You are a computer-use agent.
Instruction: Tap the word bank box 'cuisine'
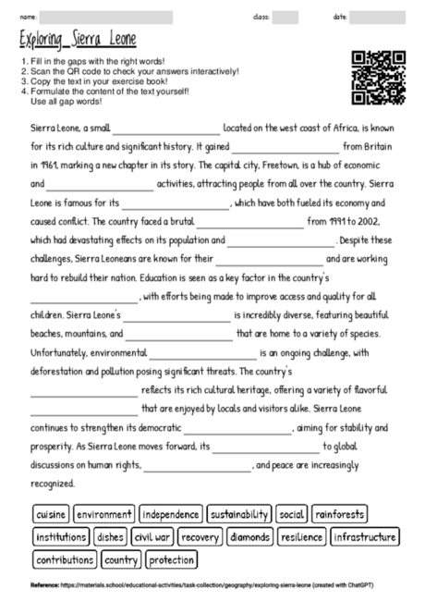pyautogui.click(x=51, y=513)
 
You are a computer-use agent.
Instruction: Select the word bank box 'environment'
pyautogui.click(x=104, y=513)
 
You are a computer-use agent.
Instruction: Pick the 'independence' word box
pyautogui.click(x=170, y=513)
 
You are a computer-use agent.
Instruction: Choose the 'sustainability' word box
pyautogui.click(x=239, y=513)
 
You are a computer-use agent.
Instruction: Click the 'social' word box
pyautogui.click(x=291, y=513)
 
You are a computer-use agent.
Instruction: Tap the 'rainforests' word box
pyautogui.click(x=339, y=513)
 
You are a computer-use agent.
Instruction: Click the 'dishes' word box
pyautogui.click(x=110, y=536)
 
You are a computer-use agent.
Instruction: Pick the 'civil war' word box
pyautogui.click(x=152, y=536)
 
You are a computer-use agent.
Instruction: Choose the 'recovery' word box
pyautogui.click(x=200, y=536)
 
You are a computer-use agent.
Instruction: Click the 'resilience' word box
pyautogui.click(x=301, y=536)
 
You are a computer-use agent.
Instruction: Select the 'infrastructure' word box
pyautogui.click(x=364, y=536)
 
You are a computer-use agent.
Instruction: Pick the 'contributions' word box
pyautogui.click(x=65, y=559)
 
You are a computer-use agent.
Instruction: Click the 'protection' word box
pyautogui.click(x=171, y=559)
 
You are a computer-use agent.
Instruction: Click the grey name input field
pyautogui.click(x=106, y=17)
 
